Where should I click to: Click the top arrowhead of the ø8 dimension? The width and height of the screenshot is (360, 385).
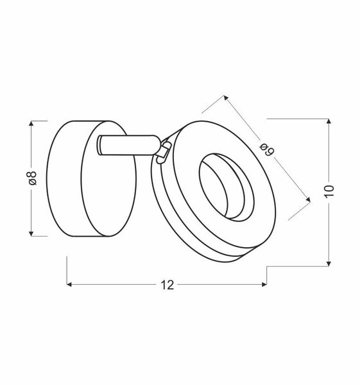(x=32, y=123)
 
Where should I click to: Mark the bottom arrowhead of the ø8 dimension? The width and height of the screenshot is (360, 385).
(x=32, y=233)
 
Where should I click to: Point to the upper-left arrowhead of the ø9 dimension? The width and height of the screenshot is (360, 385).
(x=225, y=98)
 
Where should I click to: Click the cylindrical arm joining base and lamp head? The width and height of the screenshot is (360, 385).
(x=128, y=146)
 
